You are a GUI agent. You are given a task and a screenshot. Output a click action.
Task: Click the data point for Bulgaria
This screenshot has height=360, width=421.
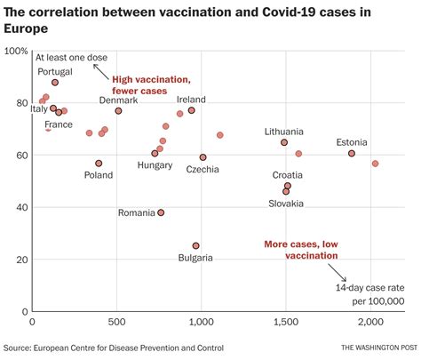(195, 245)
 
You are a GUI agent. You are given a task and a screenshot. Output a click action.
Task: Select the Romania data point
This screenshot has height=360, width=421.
(161, 212)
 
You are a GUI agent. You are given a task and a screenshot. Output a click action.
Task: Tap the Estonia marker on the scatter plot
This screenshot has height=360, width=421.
(352, 153)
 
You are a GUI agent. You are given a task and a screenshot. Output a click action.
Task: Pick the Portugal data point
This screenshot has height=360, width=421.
(55, 82)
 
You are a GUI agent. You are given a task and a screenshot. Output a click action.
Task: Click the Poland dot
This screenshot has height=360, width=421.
(99, 163)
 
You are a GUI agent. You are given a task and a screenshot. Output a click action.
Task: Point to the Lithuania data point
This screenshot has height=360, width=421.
(284, 142)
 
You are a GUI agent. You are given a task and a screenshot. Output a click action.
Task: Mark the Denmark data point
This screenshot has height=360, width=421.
(118, 110)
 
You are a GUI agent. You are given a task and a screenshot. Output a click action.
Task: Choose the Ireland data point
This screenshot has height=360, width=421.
(191, 110)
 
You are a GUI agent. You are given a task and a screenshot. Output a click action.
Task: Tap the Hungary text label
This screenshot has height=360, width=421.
(155, 165)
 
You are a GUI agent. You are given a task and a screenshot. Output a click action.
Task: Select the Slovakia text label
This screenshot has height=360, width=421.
(286, 204)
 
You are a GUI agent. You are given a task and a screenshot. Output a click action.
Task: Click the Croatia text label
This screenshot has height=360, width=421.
(287, 175)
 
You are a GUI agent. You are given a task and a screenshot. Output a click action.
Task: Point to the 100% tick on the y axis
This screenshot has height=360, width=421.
(15, 52)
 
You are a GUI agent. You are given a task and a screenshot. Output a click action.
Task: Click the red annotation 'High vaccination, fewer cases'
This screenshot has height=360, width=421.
(151, 84)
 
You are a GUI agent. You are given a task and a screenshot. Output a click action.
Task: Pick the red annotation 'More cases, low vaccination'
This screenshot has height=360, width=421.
(301, 249)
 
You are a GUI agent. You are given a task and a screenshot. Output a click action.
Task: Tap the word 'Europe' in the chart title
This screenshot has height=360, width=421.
(27, 28)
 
